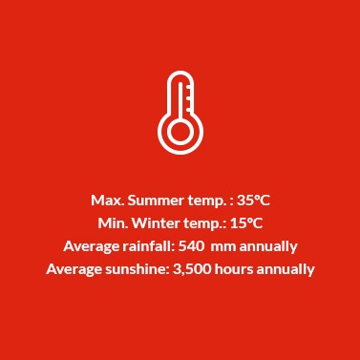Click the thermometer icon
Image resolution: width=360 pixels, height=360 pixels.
[x=180, y=112]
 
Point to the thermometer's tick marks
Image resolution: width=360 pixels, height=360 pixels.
[x=191, y=95]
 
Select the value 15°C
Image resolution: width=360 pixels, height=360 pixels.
[x=244, y=223]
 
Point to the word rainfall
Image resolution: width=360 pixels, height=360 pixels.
[x=148, y=246]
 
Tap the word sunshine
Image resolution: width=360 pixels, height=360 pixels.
[x=138, y=269]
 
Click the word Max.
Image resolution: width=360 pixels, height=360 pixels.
[x=104, y=201]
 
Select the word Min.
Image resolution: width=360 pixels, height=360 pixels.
[x=113, y=223]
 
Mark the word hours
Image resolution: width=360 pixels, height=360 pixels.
[x=236, y=269]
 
